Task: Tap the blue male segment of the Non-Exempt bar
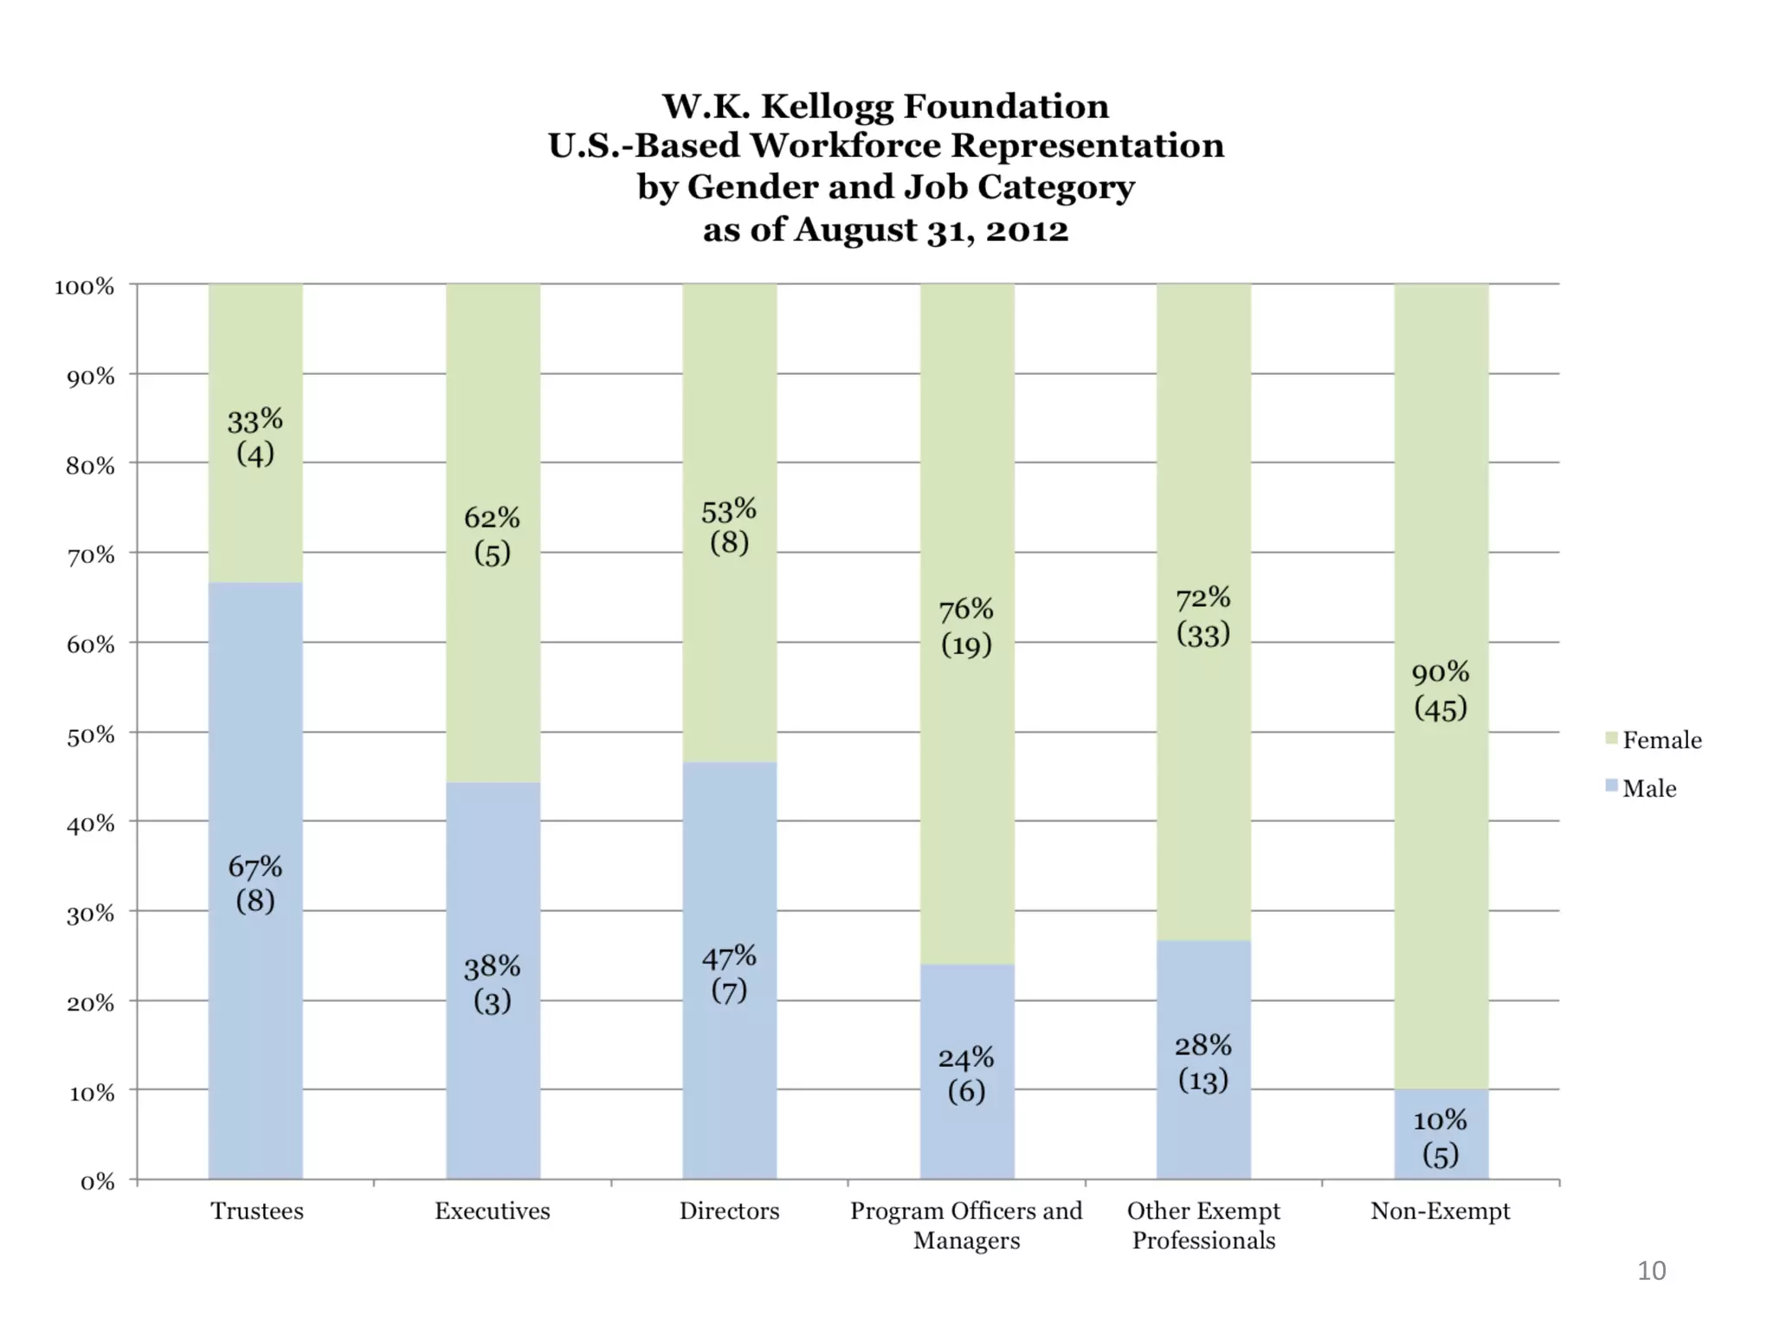(x=1441, y=1136)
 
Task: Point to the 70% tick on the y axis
(x=91, y=555)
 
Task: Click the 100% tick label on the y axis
(x=85, y=287)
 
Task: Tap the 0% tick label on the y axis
(x=97, y=1182)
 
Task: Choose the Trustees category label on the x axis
(x=257, y=1211)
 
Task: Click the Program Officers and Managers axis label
(x=966, y=1225)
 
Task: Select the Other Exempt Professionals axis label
(x=1203, y=1225)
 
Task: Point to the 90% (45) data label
(x=1441, y=690)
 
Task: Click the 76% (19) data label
(x=966, y=627)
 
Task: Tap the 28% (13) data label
(x=1203, y=1062)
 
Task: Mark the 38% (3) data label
(x=493, y=984)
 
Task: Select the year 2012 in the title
(x=1027, y=230)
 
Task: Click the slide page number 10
(x=1651, y=1270)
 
